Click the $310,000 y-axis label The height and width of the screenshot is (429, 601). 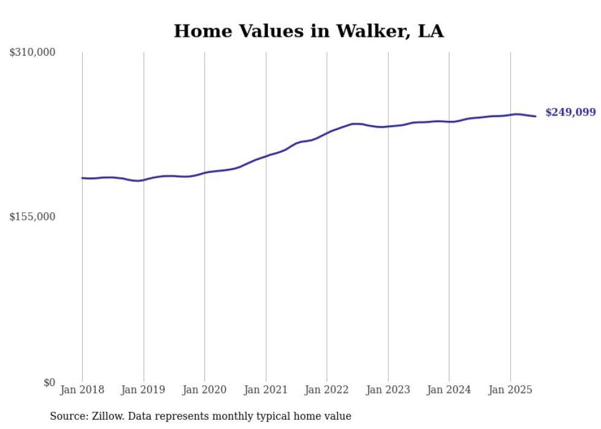click(33, 53)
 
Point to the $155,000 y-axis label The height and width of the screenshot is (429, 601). click(33, 217)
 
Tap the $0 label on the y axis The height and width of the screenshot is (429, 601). click(50, 382)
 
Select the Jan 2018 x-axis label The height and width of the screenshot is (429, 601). click(82, 390)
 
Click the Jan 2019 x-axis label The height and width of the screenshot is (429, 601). click(144, 390)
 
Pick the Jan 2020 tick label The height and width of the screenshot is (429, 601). click(205, 390)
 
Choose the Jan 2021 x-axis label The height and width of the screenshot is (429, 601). click(266, 390)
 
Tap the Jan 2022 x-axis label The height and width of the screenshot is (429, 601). click(327, 390)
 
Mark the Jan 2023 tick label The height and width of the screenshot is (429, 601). click(388, 390)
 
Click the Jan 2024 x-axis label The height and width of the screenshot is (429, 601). click(449, 390)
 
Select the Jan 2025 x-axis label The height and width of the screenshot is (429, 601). click(510, 390)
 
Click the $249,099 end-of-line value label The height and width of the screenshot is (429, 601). click(570, 112)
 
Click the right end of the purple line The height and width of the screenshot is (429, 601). click(535, 116)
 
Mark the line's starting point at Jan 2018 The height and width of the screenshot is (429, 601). click(82, 178)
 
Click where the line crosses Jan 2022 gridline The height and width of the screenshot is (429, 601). click(327, 132)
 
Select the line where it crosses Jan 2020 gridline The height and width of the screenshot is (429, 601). click(205, 172)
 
